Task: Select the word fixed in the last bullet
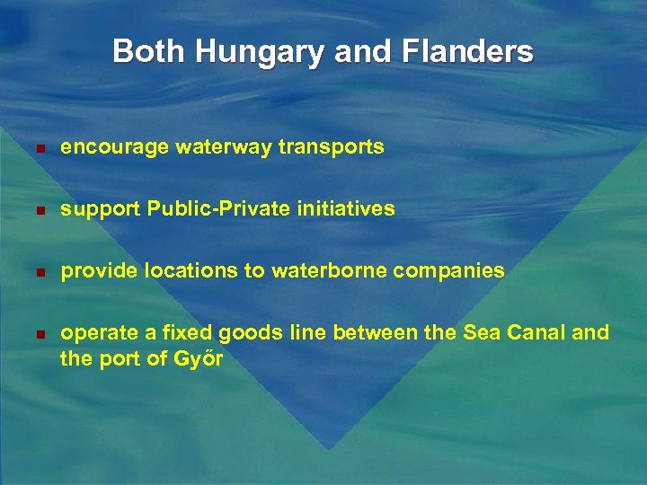[208, 333]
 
